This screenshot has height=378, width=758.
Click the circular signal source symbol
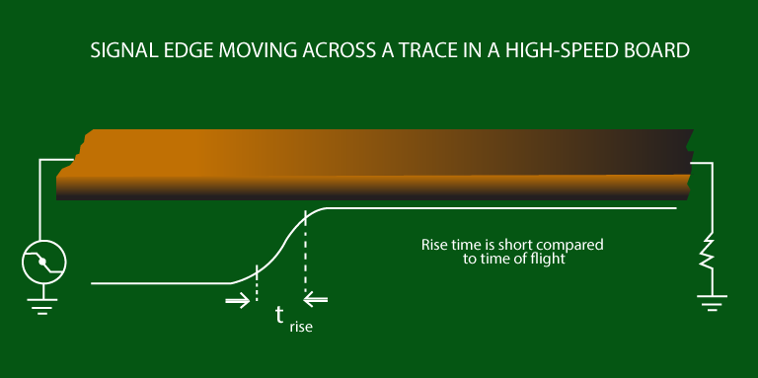coord(42,262)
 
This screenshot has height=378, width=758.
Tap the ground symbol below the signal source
coord(41,307)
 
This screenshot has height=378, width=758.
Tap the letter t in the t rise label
coord(280,315)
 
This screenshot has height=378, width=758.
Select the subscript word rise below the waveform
coord(301,325)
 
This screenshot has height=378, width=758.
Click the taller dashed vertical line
coord(305,252)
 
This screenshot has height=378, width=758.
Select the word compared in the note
coord(570,243)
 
